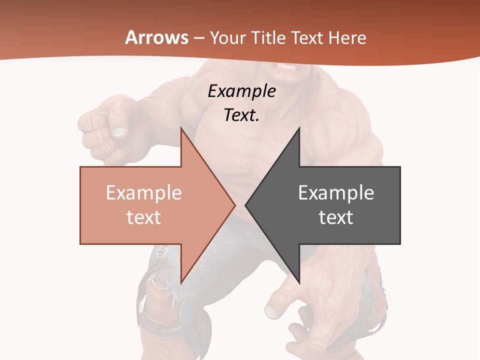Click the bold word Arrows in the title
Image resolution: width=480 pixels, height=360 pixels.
tap(156, 37)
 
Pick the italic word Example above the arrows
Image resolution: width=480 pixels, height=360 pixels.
tap(241, 91)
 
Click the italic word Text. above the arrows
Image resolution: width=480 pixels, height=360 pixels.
tap(241, 115)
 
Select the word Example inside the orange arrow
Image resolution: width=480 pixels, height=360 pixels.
tap(144, 193)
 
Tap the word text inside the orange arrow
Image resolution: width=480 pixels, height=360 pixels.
tap(144, 217)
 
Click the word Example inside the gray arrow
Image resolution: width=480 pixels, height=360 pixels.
tap(336, 193)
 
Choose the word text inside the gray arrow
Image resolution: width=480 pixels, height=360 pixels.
tap(336, 217)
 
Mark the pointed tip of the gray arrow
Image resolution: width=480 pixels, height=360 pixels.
tap(246, 205)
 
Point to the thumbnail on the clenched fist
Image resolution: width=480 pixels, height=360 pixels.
tap(119, 132)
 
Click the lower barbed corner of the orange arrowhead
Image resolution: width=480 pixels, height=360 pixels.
tap(181, 282)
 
